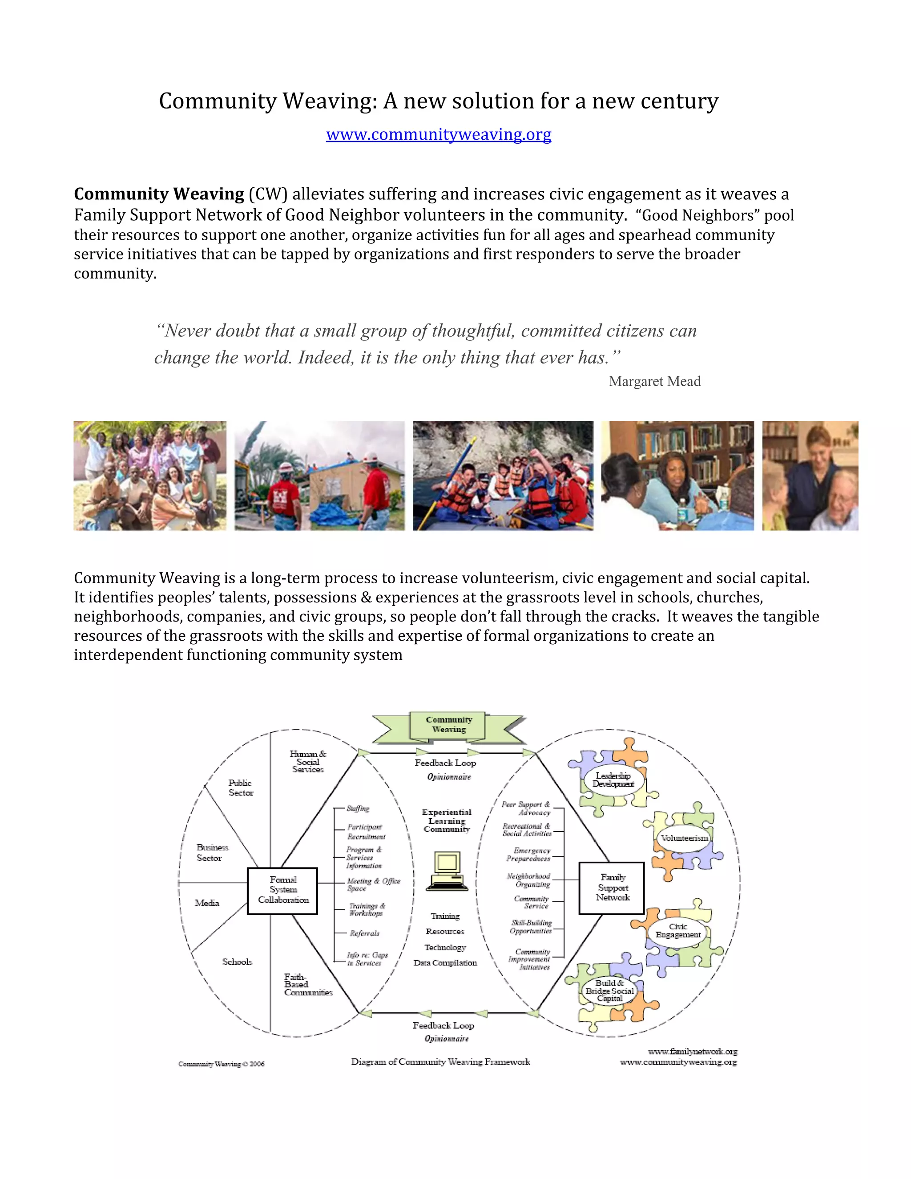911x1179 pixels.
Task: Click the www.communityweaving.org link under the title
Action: [x=438, y=134]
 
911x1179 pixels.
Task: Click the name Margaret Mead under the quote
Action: [x=654, y=381]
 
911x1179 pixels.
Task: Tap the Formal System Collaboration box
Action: [x=282, y=891]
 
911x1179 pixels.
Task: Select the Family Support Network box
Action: [x=612, y=888]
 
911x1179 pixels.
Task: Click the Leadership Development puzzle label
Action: [x=613, y=779]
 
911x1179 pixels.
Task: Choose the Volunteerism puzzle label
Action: [x=684, y=838]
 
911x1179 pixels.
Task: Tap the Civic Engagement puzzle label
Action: [x=678, y=930]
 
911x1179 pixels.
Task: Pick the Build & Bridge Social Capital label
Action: [x=609, y=991]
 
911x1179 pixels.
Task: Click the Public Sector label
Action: [x=240, y=787]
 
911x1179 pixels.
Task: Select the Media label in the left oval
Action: [x=207, y=903]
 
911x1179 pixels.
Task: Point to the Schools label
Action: [x=237, y=961]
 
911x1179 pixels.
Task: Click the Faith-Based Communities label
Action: [x=308, y=984]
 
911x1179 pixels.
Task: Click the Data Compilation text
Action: [x=445, y=962]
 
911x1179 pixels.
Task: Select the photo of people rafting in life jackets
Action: [x=503, y=475]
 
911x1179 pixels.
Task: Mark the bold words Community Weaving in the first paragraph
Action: [x=159, y=194]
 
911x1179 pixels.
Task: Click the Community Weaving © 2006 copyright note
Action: [x=221, y=1063]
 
